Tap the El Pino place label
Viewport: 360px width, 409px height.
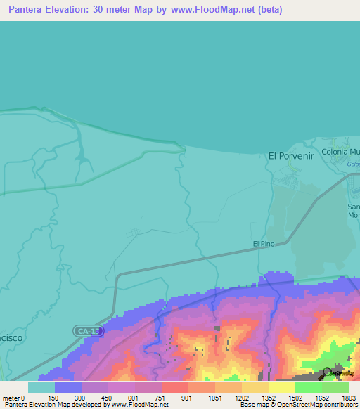(x=263, y=244)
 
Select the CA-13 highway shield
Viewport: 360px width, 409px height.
(x=89, y=330)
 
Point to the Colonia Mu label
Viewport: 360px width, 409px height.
(x=340, y=152)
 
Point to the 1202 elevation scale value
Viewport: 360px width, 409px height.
(x=242, y=398)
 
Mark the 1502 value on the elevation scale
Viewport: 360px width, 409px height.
(x=295, y=398)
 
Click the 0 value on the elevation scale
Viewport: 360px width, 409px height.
(x=24, y=398)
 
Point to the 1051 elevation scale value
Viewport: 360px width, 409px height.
(x=215, y=398)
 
